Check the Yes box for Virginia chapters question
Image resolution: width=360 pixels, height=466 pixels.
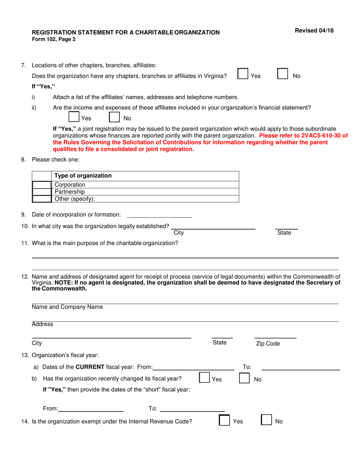click(x=243, y=73)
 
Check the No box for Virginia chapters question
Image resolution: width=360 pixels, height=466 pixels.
click(x=283, y=73)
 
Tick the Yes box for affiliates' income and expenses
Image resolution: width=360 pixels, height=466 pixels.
click(x=74, y=116)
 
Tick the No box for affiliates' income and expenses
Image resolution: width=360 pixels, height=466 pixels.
click(x=114, y=116)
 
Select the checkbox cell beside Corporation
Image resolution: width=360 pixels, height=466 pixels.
click(x=42, y=185)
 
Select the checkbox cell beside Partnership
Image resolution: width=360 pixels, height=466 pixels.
click(x=42, y=192)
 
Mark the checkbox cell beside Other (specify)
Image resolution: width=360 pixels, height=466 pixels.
click(x=42, y=199)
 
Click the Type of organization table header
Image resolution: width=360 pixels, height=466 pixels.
click(x=83, y=176)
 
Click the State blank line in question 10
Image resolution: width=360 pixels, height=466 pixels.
click(x=286, y=227)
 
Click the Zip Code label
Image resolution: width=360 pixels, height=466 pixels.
click(x=268, y=344)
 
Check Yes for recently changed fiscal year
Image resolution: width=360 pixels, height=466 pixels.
click(x=204, y=378)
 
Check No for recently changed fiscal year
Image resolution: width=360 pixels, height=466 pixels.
click(x=244, y=378)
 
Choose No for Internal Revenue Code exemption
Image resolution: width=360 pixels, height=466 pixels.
click(x=267, y=421)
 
